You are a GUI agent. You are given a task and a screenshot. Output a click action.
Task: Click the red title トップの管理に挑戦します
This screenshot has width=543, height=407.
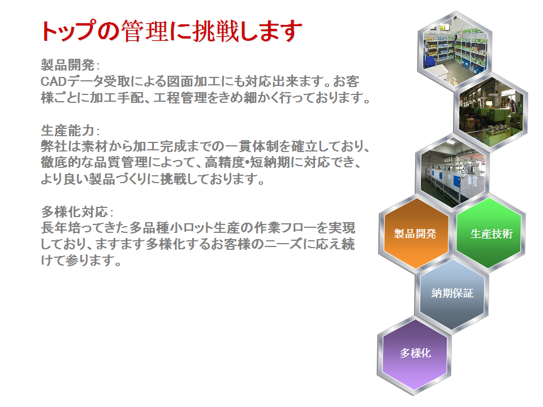pos(171,31)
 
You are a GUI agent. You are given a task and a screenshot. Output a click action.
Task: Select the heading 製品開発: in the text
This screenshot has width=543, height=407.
pos(70,64)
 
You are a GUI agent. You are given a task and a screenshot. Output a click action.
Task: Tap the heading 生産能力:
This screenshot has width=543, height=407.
pos(70,131)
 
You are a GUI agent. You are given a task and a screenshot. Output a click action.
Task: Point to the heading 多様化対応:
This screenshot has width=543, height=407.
pos(77,211)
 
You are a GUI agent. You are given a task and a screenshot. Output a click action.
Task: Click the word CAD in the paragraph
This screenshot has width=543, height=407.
pos(53,81)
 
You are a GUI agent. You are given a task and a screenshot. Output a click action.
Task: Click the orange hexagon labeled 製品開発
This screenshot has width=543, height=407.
pos(415,233)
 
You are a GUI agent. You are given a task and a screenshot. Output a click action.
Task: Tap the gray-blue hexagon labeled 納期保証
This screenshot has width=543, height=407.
pos(452,293)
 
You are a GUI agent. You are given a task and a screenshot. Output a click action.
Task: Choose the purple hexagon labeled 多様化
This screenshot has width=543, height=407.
pos(415,354)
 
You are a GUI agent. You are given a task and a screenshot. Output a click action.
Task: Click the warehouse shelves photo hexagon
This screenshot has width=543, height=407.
pos(455,50)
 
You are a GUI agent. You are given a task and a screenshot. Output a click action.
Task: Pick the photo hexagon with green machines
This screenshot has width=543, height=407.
pos(491,111)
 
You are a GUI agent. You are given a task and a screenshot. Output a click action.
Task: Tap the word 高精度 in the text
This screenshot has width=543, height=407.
pos(225,162)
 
